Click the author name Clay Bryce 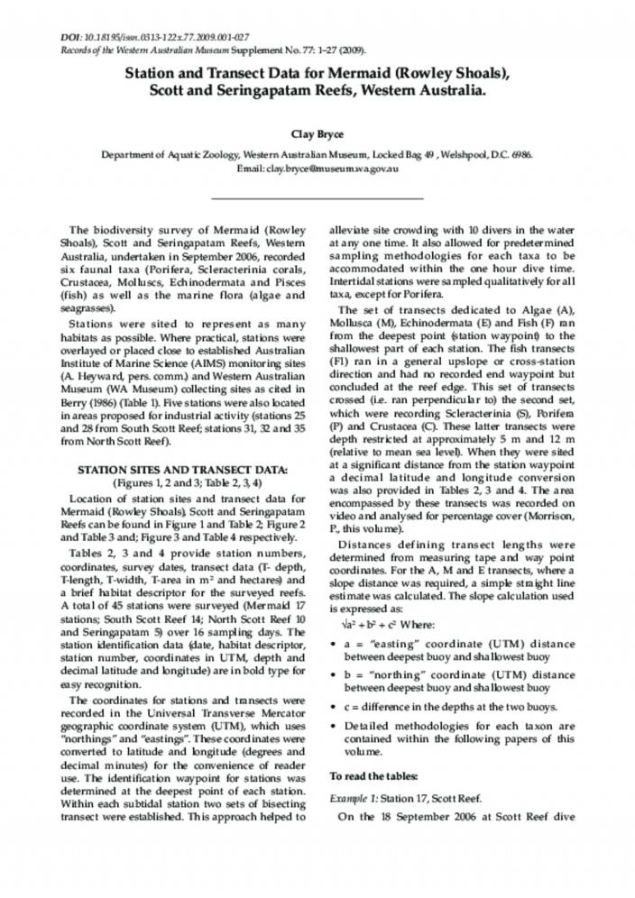tap(317, 134)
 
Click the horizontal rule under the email tap(317, 197)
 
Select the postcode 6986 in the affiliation tap(520, 154)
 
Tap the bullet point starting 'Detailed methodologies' tap(451, 738)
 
